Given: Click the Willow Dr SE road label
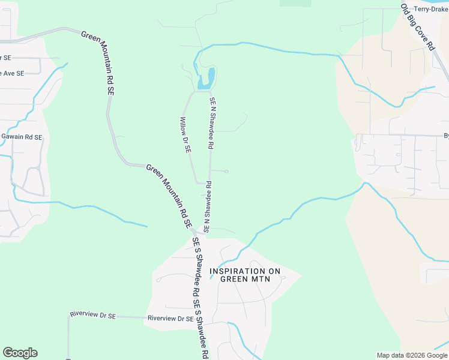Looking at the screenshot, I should point(185,136).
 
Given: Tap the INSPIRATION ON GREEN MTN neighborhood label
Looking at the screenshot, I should point(245,275).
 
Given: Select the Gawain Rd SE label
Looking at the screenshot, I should point(22,137).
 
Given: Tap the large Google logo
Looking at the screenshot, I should point(20,353).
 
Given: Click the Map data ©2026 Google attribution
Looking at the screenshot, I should point(412,355).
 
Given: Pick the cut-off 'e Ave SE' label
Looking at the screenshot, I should point(12,73).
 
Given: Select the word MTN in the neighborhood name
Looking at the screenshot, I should point(269,278).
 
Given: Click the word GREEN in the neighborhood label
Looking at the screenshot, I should point(233,278).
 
